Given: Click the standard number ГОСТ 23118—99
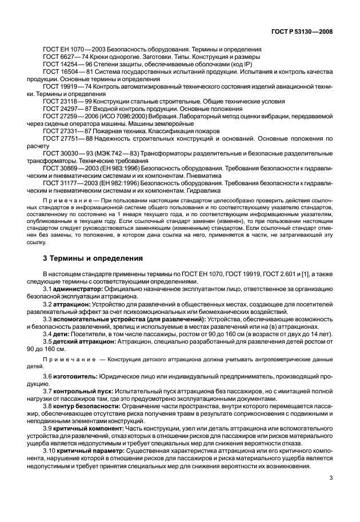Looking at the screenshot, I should click(x=66, y=101).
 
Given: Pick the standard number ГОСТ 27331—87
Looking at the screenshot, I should click(x=66, y=130).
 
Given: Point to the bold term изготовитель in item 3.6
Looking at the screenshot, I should click(x=75, y=377).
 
